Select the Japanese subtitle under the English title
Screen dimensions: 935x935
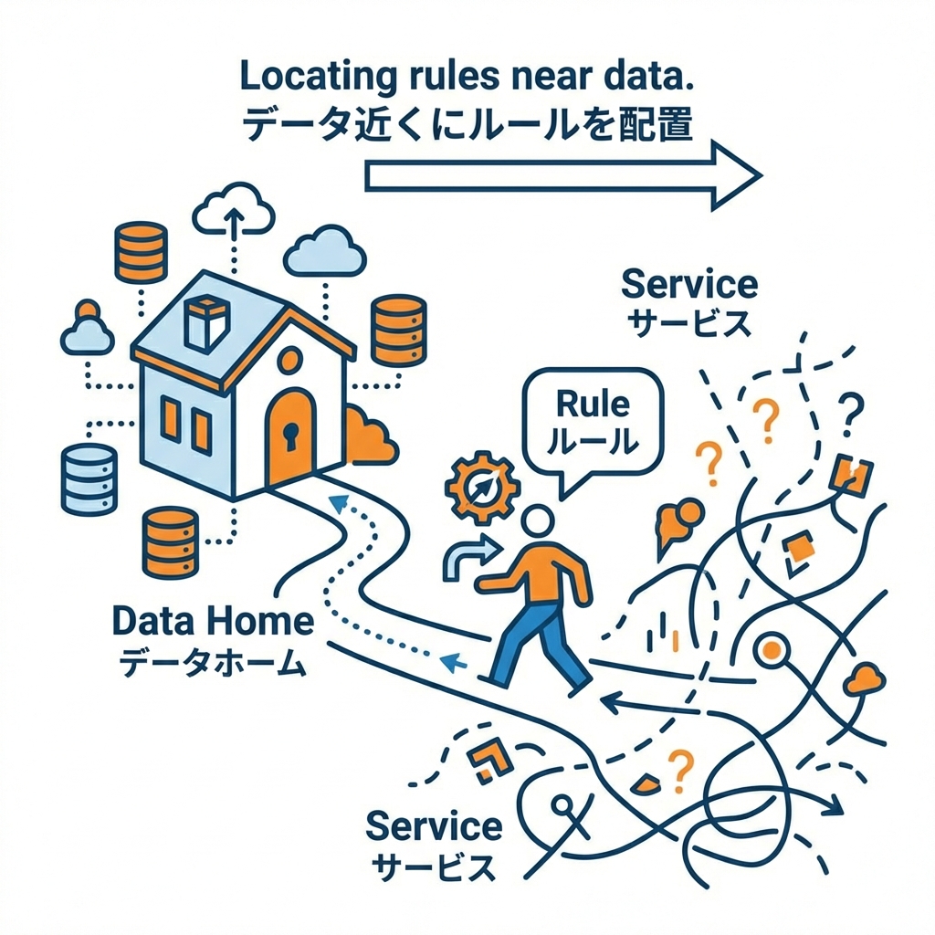[467, 124]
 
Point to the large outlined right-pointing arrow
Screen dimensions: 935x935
[562, 174]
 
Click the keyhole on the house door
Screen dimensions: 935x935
[290, 438]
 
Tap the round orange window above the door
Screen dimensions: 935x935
[287, 361]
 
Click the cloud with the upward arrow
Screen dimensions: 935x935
[235, 211]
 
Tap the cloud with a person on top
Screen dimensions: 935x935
[88, 331]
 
